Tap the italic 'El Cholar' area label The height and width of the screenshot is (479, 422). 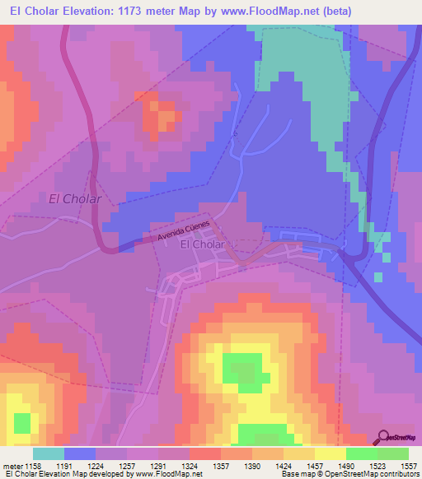75,198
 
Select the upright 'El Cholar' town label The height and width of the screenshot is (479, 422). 202,244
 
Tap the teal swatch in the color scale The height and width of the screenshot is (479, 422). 48,453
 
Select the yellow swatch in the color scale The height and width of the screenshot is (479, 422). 330,453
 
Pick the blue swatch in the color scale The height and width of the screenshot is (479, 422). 79,453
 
